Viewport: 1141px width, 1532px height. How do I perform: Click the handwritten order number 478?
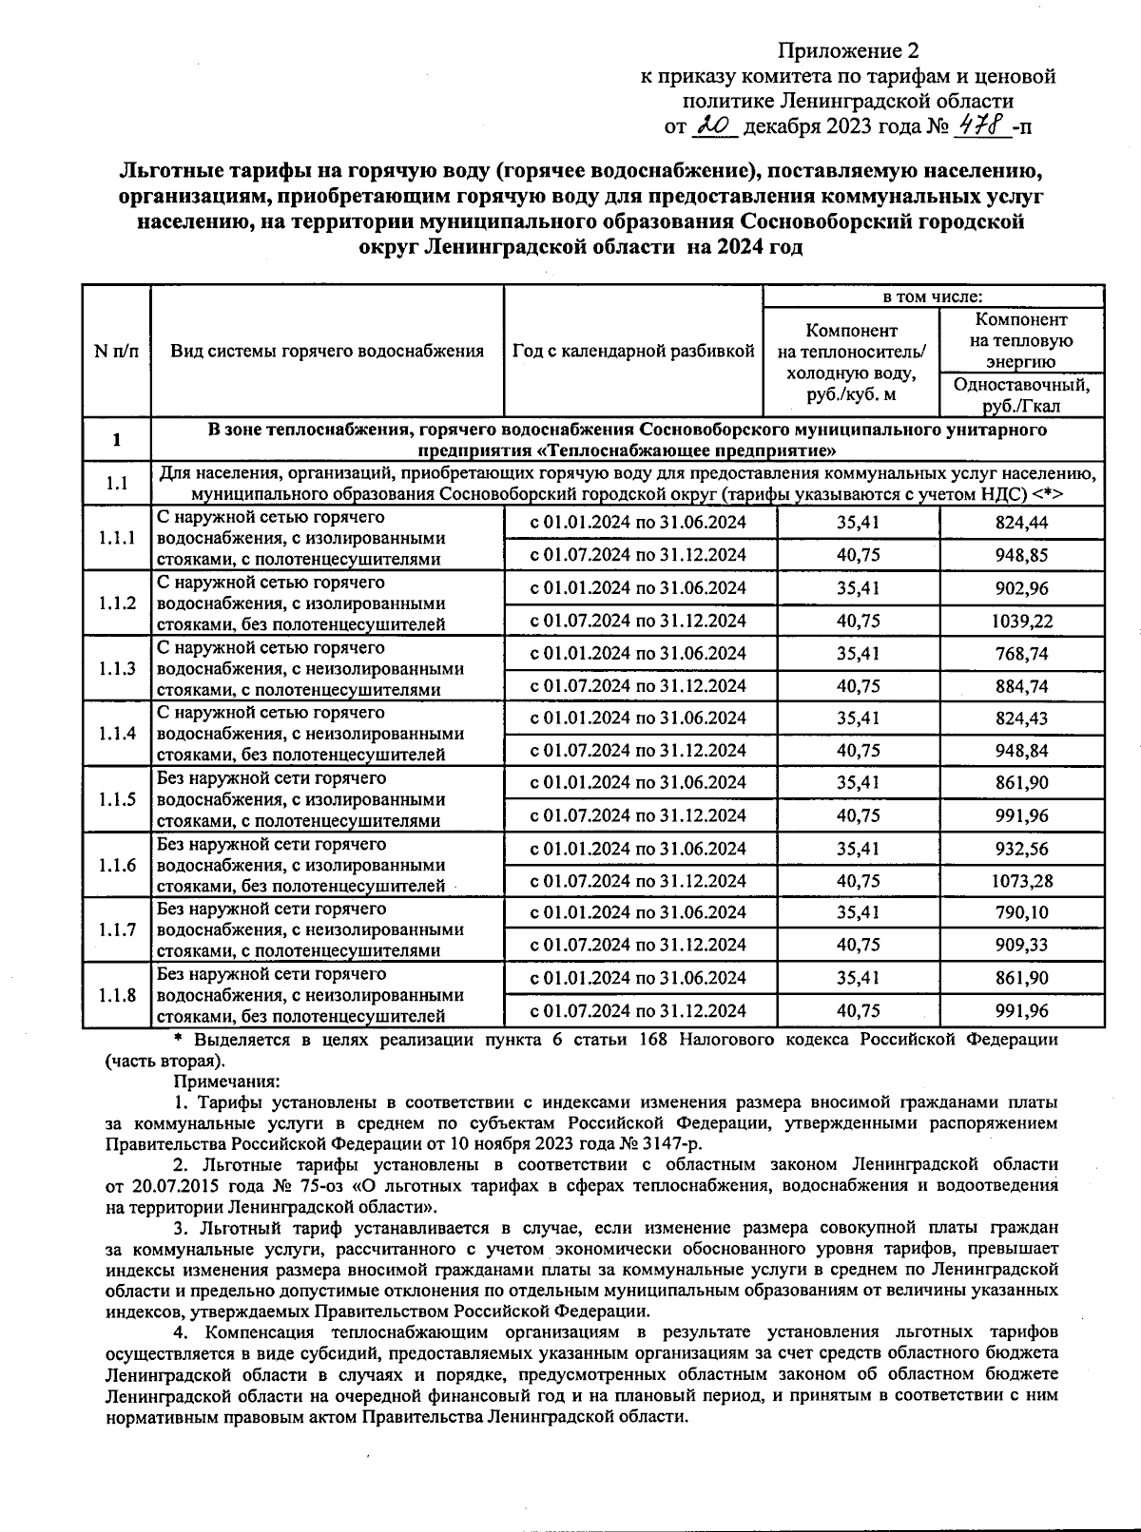pyautogui.click(x=983, y=124)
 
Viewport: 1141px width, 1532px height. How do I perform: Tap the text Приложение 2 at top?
pyautogui.click(x=849, y=49)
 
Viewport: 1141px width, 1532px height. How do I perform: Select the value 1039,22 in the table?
pyautogui.click(x=1022, y=621)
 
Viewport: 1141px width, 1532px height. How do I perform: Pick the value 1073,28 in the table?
pyautogui.click(x=1022, y=881)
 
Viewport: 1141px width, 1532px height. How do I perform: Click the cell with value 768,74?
pyautogui.click(x=1022, y=654)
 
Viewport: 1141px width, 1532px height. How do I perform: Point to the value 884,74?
pyautogui.click(x=1022, y=686)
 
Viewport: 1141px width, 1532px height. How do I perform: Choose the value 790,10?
pyautogui.click(x=1022, y=913)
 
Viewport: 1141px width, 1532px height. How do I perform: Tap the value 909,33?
pyautogui.click(x=1022, y=946)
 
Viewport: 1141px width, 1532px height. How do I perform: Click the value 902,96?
pyautogui.click(x=1022, y=588)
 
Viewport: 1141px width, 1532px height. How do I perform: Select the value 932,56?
pyautogui.click(x=1022, y=849)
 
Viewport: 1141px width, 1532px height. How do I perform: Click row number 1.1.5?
pyautogui.click(x=117, y=799)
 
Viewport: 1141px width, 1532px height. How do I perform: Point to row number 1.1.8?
pyautogui.click(x=117, y=995)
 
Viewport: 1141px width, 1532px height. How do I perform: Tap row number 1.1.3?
pyautogui.click(x=117, y=668)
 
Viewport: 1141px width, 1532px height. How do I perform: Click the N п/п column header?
pyautogui.click(x=116, y=351)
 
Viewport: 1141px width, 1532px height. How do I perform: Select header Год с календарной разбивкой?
pyautogui.click(x=633, y=351)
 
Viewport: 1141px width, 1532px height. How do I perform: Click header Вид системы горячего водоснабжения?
pyautogui.click(x=327, y=351)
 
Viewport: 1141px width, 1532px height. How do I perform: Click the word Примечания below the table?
pyautogui.click(x=226, y=1082)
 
